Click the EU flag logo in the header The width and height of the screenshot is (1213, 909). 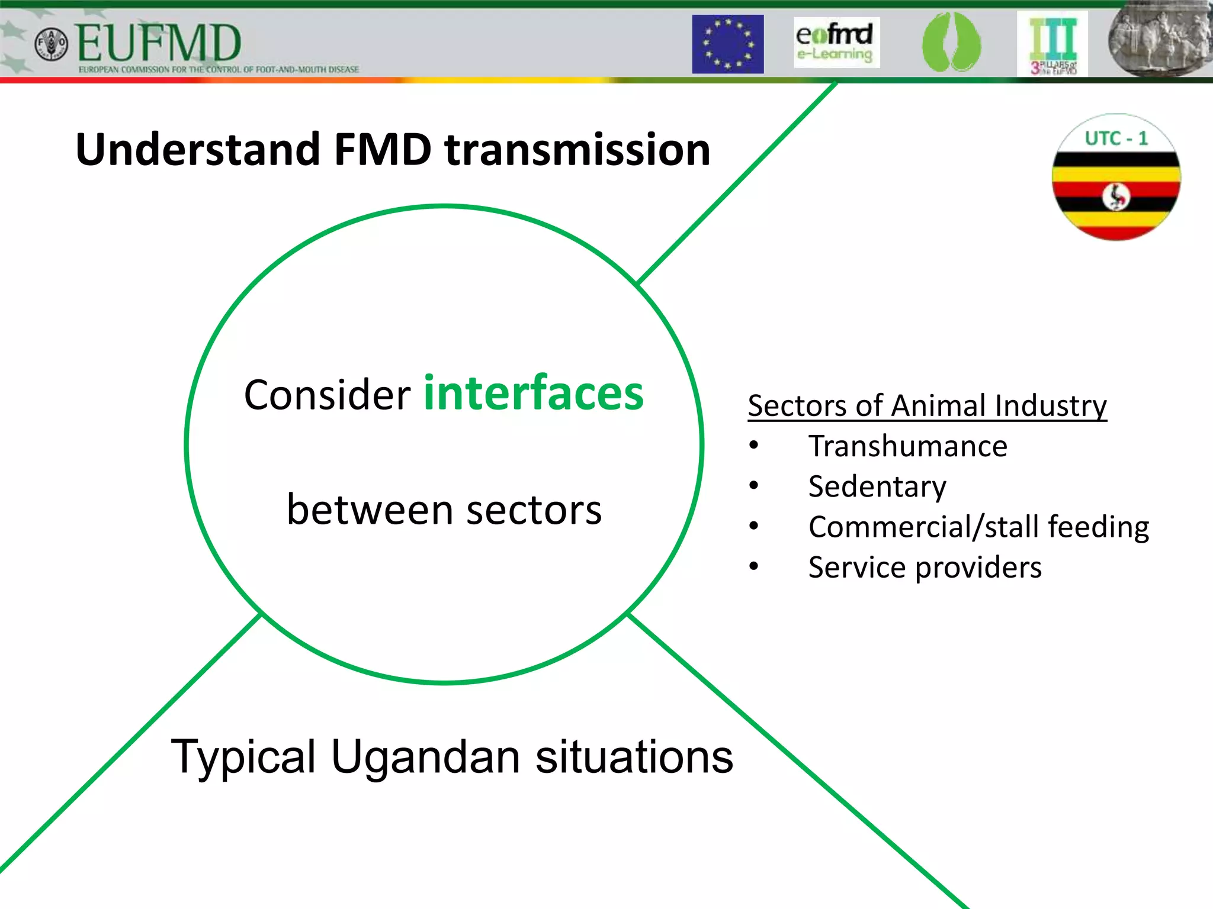point(727,44)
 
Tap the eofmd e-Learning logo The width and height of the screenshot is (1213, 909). point(836,42)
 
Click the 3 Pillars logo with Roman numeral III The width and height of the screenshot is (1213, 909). point(1052,44)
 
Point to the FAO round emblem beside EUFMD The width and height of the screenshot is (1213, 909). point(52,44)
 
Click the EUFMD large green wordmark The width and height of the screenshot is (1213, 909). point(159,44)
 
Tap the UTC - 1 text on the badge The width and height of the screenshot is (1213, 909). point(1116,138)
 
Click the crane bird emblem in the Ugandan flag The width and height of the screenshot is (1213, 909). point(1116,196)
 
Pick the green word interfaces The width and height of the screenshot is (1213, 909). point(534,393)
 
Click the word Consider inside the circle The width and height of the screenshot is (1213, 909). point(327,395)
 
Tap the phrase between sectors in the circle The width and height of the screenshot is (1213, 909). point(444,510)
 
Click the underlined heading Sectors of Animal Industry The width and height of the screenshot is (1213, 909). point(927,406)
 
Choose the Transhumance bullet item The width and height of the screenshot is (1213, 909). point(907,446)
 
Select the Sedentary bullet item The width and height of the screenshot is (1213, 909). point(877,486)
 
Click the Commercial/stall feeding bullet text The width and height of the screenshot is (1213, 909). point(978,527)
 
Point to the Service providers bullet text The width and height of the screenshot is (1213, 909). point(925,568)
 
